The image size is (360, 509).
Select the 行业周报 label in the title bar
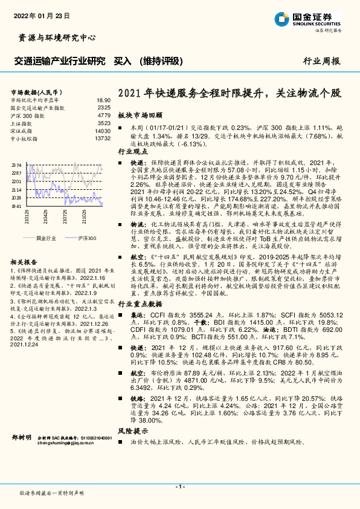(321, 61)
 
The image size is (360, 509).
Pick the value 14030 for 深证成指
(102, 131)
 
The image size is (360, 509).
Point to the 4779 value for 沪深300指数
(103, 115)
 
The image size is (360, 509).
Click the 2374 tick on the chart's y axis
(16, 164)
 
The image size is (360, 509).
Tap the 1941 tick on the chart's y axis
(16, 206)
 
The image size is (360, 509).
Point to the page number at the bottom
(179, 486)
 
